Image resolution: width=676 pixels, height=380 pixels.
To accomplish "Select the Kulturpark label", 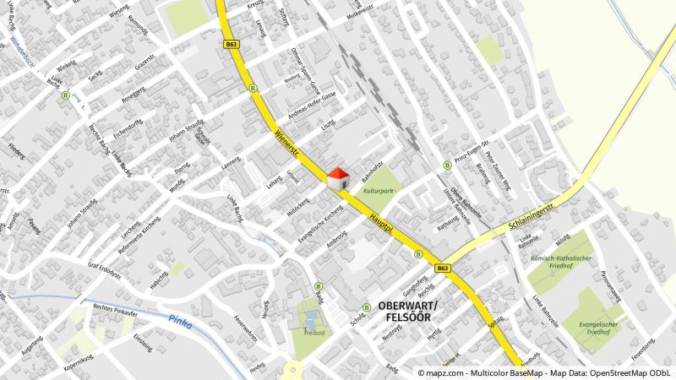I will [x=379, y=192].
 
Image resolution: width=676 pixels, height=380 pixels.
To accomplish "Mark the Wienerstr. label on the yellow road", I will [x=288, y=145].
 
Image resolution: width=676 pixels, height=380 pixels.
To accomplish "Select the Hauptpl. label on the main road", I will [x=381, y=223].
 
